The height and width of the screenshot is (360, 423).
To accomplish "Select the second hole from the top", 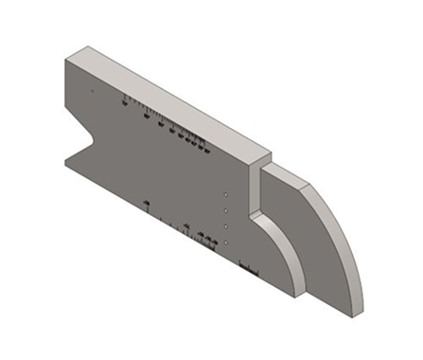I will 227,209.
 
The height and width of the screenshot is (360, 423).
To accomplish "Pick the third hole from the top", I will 227,226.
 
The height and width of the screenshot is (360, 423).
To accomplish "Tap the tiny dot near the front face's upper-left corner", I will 92,91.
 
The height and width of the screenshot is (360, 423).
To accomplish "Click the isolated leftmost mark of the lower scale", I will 147,204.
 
